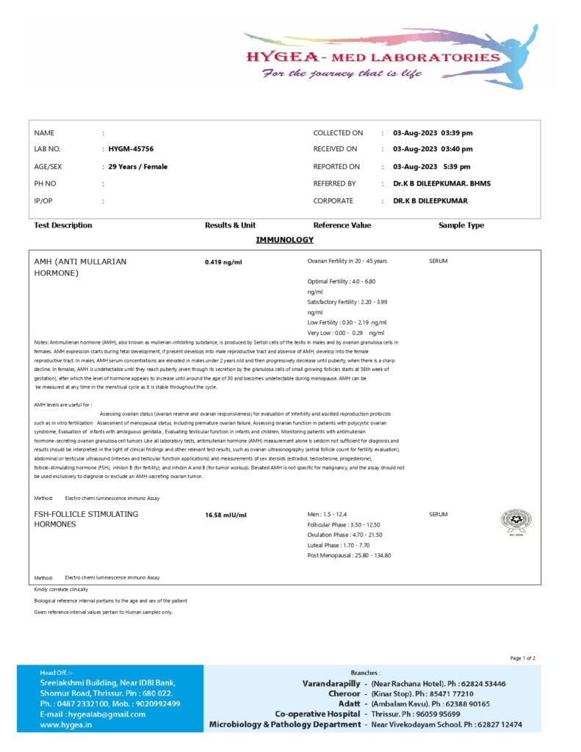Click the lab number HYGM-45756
(x=131, y=149)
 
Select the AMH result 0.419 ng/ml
(x=223, y=261)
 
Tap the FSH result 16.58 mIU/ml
(x=226, y=515)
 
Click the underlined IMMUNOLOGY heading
(x=284, y=240)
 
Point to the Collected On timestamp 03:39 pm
(x=456, y=133)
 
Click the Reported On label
(x=336, y=167)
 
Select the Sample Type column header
(x=461, y=225)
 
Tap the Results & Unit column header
(x=230, y=225)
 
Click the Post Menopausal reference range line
(x=349, y=555)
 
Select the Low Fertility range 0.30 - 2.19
(x=347, y=322)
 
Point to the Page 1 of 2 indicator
(x=522, y=658)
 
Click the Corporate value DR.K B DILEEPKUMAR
(x=430, y=200)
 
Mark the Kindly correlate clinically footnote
(x=61, y=590)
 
